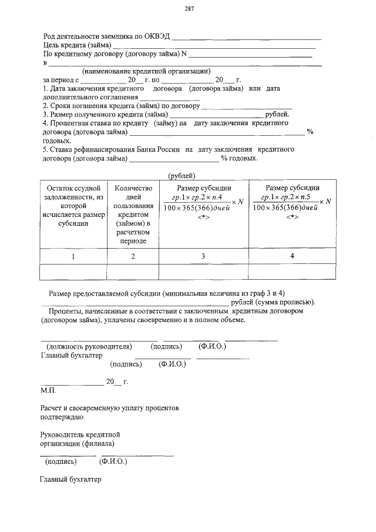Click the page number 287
[x=189, y=9]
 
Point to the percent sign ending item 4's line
[x=310, y=132]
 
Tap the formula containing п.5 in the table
[x=288, y=202]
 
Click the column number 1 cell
[x=73, y=256]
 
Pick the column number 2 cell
[x=133, y=256]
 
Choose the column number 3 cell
[x=204, y=256]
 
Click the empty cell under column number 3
[x=204, y=272]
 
